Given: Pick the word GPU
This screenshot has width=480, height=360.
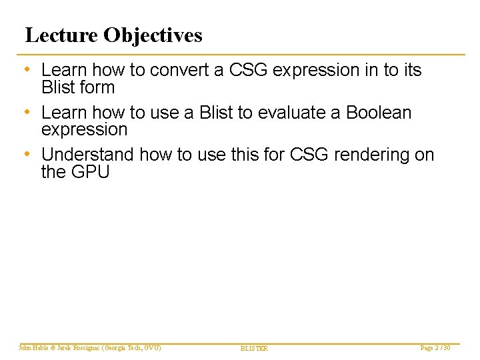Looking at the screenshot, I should [x=89, y=172].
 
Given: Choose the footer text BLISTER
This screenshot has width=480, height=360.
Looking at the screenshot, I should [x=253, y=349].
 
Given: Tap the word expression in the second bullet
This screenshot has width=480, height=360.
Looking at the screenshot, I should [x=84, y=129].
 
